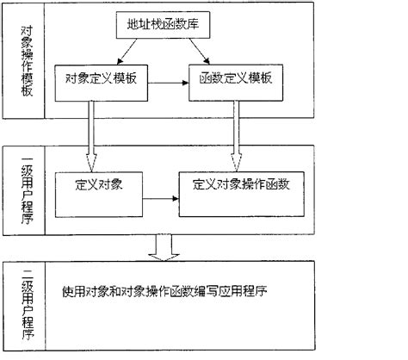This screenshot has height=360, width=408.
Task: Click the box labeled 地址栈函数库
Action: point(163,25)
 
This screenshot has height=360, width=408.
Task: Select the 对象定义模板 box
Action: point(102,83)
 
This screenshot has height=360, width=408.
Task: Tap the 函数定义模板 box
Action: point(236,83)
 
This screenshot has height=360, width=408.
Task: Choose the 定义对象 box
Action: point(99,195)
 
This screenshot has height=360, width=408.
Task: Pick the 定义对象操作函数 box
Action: point(242,194)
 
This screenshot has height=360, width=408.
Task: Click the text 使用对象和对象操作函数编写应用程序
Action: point(164,291)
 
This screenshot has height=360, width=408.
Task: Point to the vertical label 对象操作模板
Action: point(27,61)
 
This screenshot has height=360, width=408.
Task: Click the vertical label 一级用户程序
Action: point(27,191)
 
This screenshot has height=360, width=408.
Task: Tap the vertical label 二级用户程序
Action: point(28,305)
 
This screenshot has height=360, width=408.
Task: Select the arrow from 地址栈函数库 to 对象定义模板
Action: point(127,52)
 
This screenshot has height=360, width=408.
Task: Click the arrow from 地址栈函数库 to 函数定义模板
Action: point(200,52)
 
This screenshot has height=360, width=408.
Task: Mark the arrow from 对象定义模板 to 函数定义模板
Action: point(169,83)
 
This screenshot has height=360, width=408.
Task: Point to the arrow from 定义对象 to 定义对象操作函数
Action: point(161,198)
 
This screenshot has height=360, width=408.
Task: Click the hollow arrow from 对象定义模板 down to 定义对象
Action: point(91,137)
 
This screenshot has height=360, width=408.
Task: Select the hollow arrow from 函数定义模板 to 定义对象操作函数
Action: point(236,136)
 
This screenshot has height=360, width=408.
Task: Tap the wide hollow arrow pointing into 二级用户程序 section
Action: point(164,248)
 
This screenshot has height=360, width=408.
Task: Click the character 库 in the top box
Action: point(193,24)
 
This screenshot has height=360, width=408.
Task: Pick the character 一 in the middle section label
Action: point(27,158)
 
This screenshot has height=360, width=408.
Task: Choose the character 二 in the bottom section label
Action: point(28,274)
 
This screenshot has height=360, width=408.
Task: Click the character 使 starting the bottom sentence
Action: point(68,291)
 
